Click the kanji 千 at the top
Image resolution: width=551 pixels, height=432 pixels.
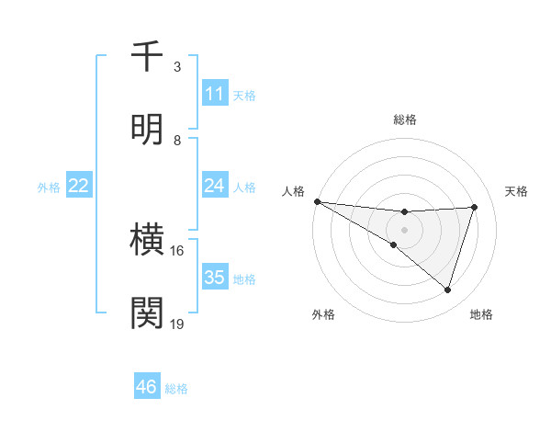(x=148, y=57)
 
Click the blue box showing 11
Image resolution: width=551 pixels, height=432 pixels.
(x=215, y=94)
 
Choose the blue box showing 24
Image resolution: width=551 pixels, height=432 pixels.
(x=215, y=186)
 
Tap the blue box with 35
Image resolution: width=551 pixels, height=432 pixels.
(x=215, y=278)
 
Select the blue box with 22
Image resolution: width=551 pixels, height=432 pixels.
(x=79, y=186)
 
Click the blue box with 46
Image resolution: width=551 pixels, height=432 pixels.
(x=147, y=387)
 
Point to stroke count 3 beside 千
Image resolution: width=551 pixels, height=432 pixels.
(x=177, y=67)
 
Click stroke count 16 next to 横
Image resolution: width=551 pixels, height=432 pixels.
(x=177, y=250)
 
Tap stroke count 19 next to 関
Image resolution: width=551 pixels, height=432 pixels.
(x=177, y=323)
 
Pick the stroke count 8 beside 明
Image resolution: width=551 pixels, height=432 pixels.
(x=177, y=140)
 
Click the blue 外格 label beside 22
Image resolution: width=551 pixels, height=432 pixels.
(x=49, y=187)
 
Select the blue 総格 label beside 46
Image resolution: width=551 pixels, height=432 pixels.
(x=176, y=389)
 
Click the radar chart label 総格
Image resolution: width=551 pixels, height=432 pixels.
(x=405, y=119)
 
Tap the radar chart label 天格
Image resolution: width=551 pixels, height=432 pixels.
(x=517, y=191)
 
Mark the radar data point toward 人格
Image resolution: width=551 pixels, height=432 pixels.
(x=317, y=201)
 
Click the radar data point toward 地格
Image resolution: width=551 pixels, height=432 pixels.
(x=447, y=290)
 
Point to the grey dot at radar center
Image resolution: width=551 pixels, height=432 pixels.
(x=404, y=229)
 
